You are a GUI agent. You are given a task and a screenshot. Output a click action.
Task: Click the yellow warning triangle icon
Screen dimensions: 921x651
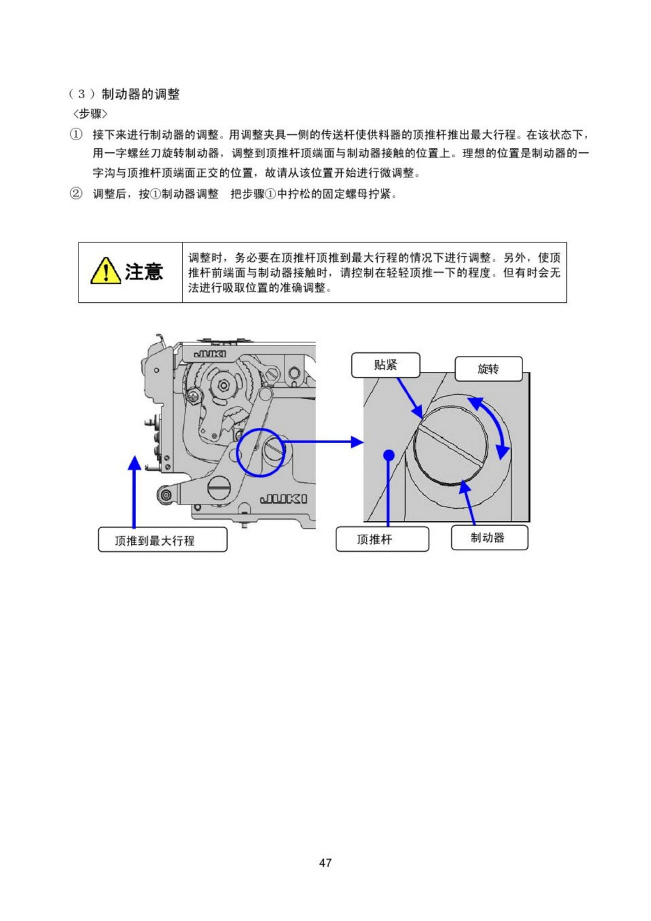[105, 271]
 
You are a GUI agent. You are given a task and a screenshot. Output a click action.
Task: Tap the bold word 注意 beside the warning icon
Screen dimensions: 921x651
[144, 272]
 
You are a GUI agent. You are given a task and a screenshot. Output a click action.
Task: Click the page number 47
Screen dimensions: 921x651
[325, 862]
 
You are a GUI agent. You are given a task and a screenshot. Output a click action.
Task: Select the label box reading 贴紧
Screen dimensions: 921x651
[385, 365]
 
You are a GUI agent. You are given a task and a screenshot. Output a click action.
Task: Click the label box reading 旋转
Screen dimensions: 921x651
[488, 369]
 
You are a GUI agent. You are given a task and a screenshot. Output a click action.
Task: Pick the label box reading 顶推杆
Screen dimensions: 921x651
[382, 539]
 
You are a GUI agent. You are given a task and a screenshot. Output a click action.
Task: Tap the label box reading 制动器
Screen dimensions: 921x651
[489, 538]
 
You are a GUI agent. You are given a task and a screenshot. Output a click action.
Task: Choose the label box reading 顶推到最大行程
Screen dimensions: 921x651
[162, 540]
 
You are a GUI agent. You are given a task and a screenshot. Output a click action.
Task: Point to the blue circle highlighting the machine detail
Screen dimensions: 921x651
[260, 452]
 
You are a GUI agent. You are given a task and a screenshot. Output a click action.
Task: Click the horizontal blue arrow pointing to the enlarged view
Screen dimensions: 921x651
[323, 442]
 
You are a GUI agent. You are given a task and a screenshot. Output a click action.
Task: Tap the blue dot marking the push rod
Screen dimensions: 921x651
[389, 455]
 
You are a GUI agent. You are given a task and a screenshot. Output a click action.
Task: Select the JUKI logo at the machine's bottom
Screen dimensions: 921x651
[284, 499]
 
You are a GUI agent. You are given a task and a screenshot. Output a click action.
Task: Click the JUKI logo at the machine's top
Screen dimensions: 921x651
[210, 354]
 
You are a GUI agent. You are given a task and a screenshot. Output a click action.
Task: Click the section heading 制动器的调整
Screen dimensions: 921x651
[141, 94]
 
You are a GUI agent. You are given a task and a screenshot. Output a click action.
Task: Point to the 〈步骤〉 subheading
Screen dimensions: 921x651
[90, 113]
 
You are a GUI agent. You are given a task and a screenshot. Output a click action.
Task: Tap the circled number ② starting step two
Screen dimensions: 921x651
[76, 194]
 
